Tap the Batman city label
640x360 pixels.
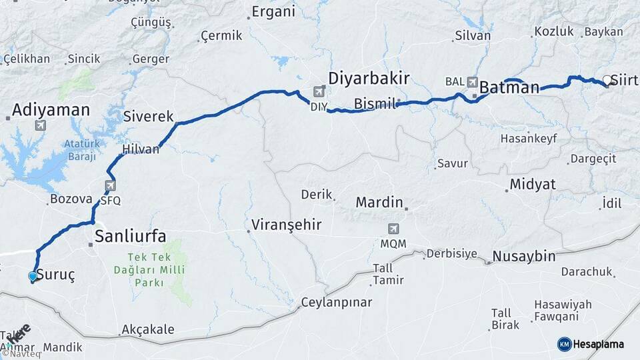pos(509,87)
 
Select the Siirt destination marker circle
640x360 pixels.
pos(607,81)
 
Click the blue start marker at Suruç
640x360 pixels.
pos(33,276)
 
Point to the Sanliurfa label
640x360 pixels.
pos(130,235)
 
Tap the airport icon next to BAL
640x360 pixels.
pos(473,81)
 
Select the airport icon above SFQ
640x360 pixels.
pos(110,186)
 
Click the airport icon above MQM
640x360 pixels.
pos(394,229)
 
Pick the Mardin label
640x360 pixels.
pos(379,201)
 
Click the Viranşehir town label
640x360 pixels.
pos(287,225)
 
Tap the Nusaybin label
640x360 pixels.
pos(523,257)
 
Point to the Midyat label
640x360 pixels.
pos(532,185)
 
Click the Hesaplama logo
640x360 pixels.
pos(591,344)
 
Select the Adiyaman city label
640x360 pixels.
pos(51,109)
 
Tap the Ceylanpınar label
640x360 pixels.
pos(337,302)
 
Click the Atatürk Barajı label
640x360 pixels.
pos(82,151)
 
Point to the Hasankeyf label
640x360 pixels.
pos(528,139)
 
